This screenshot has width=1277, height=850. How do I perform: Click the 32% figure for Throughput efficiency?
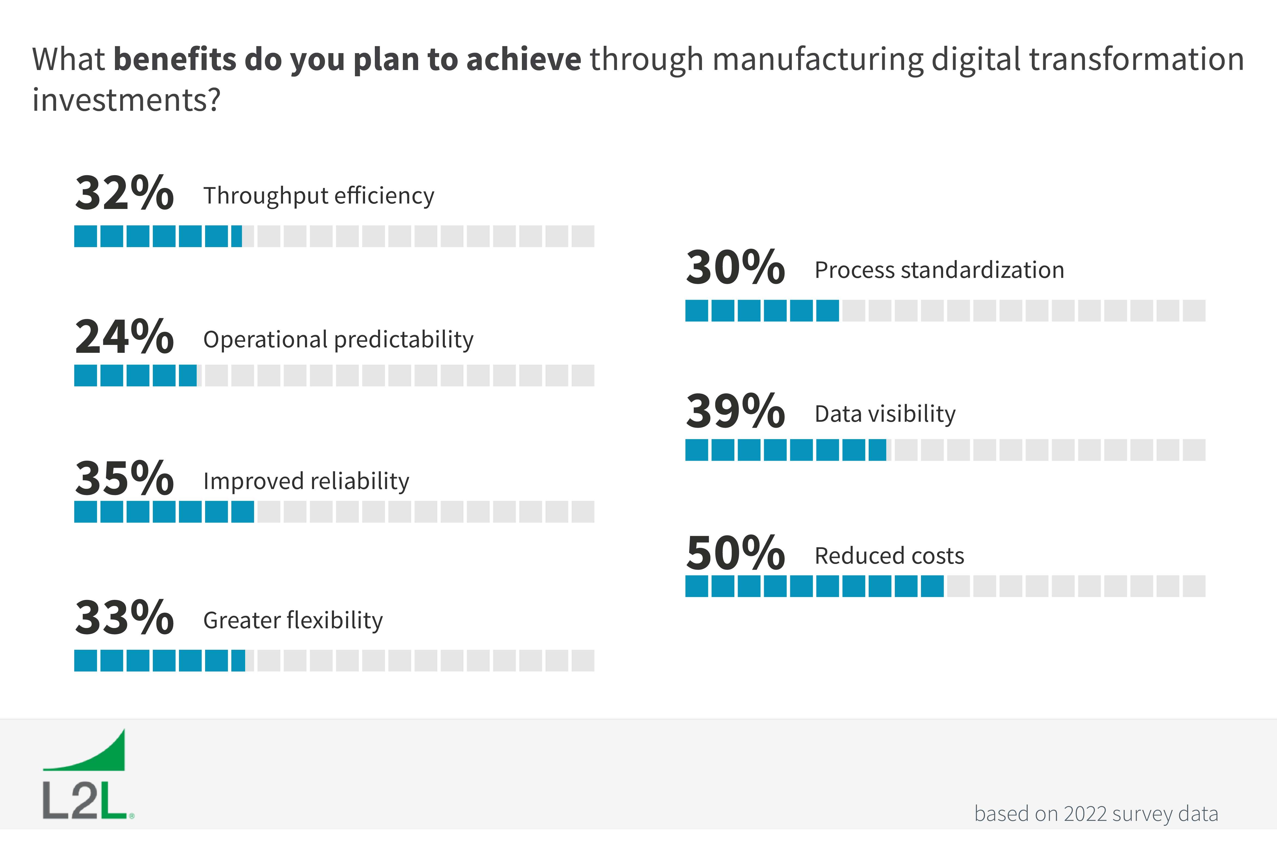124,193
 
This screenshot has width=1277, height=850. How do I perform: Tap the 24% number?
124,337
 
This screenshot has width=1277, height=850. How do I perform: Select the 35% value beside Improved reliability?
124,478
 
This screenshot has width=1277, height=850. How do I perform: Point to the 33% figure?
124,617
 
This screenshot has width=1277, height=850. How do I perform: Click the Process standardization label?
939,270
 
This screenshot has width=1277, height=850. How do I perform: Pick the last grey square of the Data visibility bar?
1194,450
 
